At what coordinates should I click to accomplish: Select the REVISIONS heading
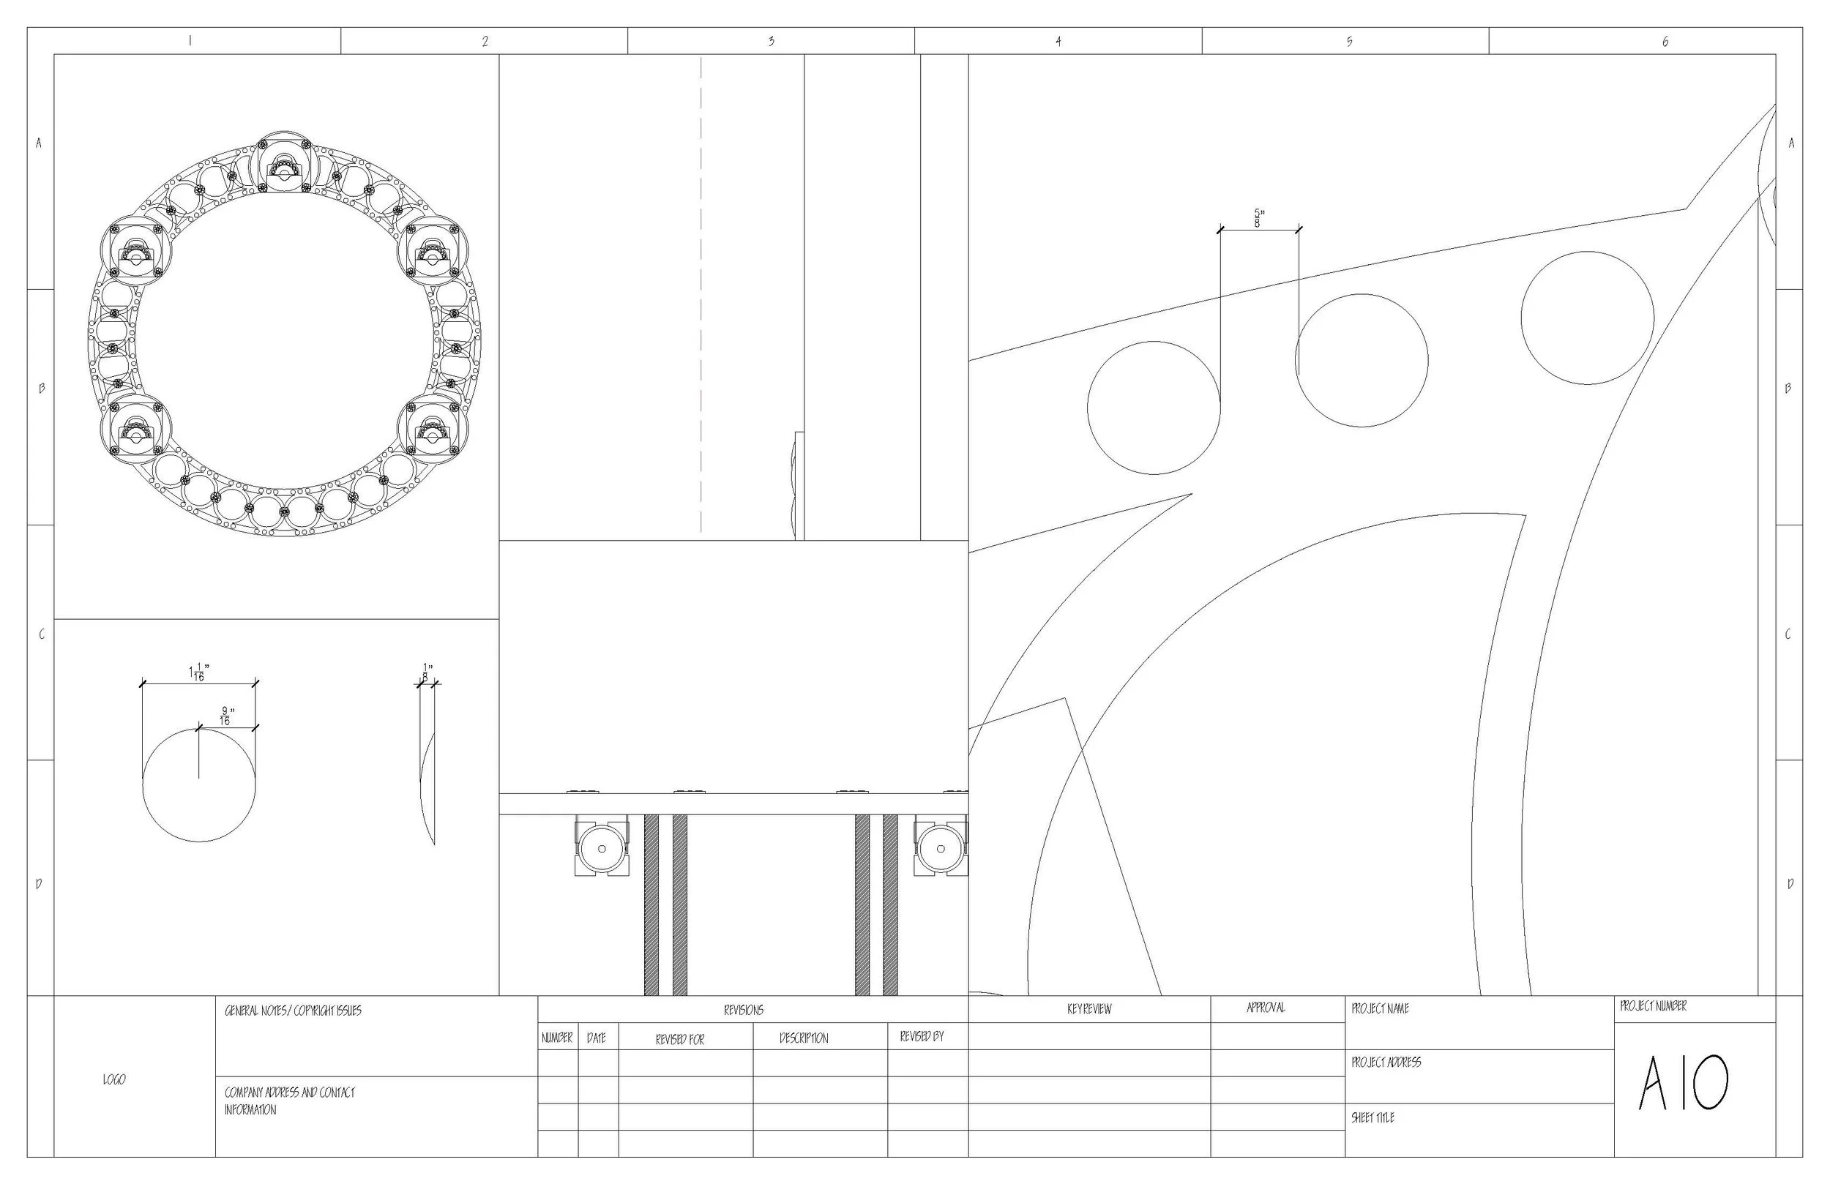coord(744,1011)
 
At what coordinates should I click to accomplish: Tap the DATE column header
coord(597,1038)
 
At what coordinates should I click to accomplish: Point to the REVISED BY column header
coord(922,1036)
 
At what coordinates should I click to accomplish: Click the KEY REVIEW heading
coord(1089,1008)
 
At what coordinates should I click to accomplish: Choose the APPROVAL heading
coord(1266,1007)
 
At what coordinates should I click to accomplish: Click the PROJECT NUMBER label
coord(1653,1005)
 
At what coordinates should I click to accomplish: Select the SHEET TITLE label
coord(1372,1118)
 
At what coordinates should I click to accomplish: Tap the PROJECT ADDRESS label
coord(1386,1063)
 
